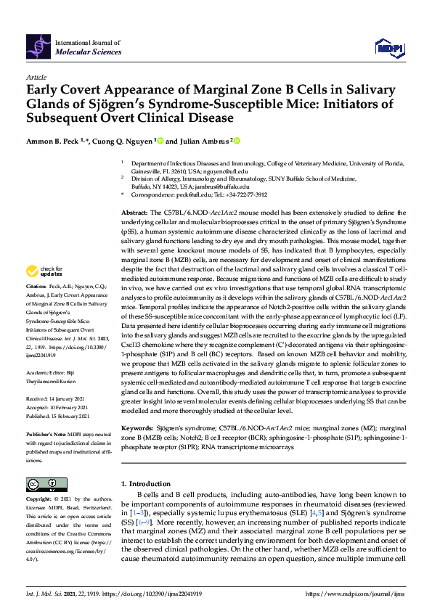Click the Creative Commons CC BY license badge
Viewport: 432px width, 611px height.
tap(42, 484)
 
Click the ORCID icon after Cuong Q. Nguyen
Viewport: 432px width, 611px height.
tap(159, 141)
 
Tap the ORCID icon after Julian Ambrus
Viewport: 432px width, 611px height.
tap(237, 141)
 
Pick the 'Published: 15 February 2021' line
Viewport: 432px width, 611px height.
tap(58, 416)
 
